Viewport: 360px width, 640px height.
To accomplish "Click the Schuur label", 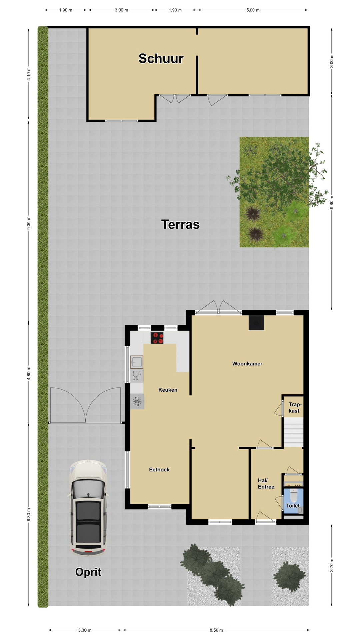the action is pos(161,58).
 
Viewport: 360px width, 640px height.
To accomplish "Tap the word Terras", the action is pos(180,224).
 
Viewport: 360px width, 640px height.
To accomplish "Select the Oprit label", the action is pos(88,572).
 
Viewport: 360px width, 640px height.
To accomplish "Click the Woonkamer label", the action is pos(247,364).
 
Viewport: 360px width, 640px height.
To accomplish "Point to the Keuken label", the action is pos(168,390).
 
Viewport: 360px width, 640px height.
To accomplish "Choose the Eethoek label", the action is pos(159,470).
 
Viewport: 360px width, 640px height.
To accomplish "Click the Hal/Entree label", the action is pos(266,484).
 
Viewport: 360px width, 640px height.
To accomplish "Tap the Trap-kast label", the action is pos(294,408).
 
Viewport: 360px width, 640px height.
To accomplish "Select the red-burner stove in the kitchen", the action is pos(157,338).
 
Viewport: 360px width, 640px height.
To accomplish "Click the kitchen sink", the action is pos(137,362).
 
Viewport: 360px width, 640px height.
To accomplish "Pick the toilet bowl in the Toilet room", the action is pos(293,496).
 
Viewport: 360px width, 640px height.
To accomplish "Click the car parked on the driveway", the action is pos(88,508).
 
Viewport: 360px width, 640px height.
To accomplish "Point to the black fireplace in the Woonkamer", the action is pos(256,323).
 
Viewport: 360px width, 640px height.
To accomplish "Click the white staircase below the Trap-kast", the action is pos(294,432).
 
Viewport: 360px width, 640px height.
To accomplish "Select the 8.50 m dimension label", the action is pos(216,630).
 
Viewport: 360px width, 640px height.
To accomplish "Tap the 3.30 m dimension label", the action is pos(85,630).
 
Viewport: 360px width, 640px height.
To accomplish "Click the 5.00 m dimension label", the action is pos(253,10).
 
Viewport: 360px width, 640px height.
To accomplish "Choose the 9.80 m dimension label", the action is pos(332,202).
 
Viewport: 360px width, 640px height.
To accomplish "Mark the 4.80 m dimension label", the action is pos(29,373).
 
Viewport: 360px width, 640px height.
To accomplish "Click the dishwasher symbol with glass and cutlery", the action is pos(137,376).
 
